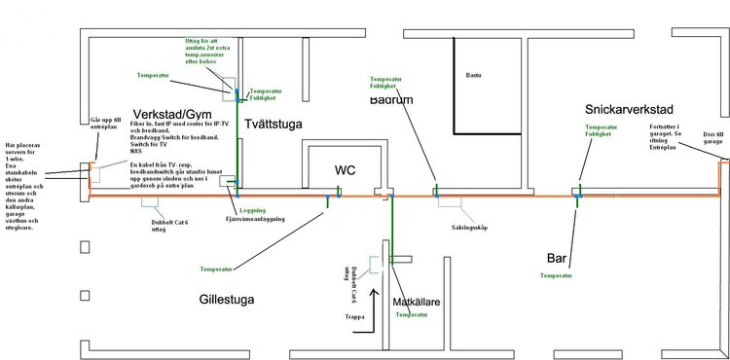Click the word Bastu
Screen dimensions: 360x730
pos(474,73)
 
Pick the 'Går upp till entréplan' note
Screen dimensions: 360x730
pos(105,125)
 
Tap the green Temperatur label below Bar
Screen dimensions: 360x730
pos(558,276)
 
